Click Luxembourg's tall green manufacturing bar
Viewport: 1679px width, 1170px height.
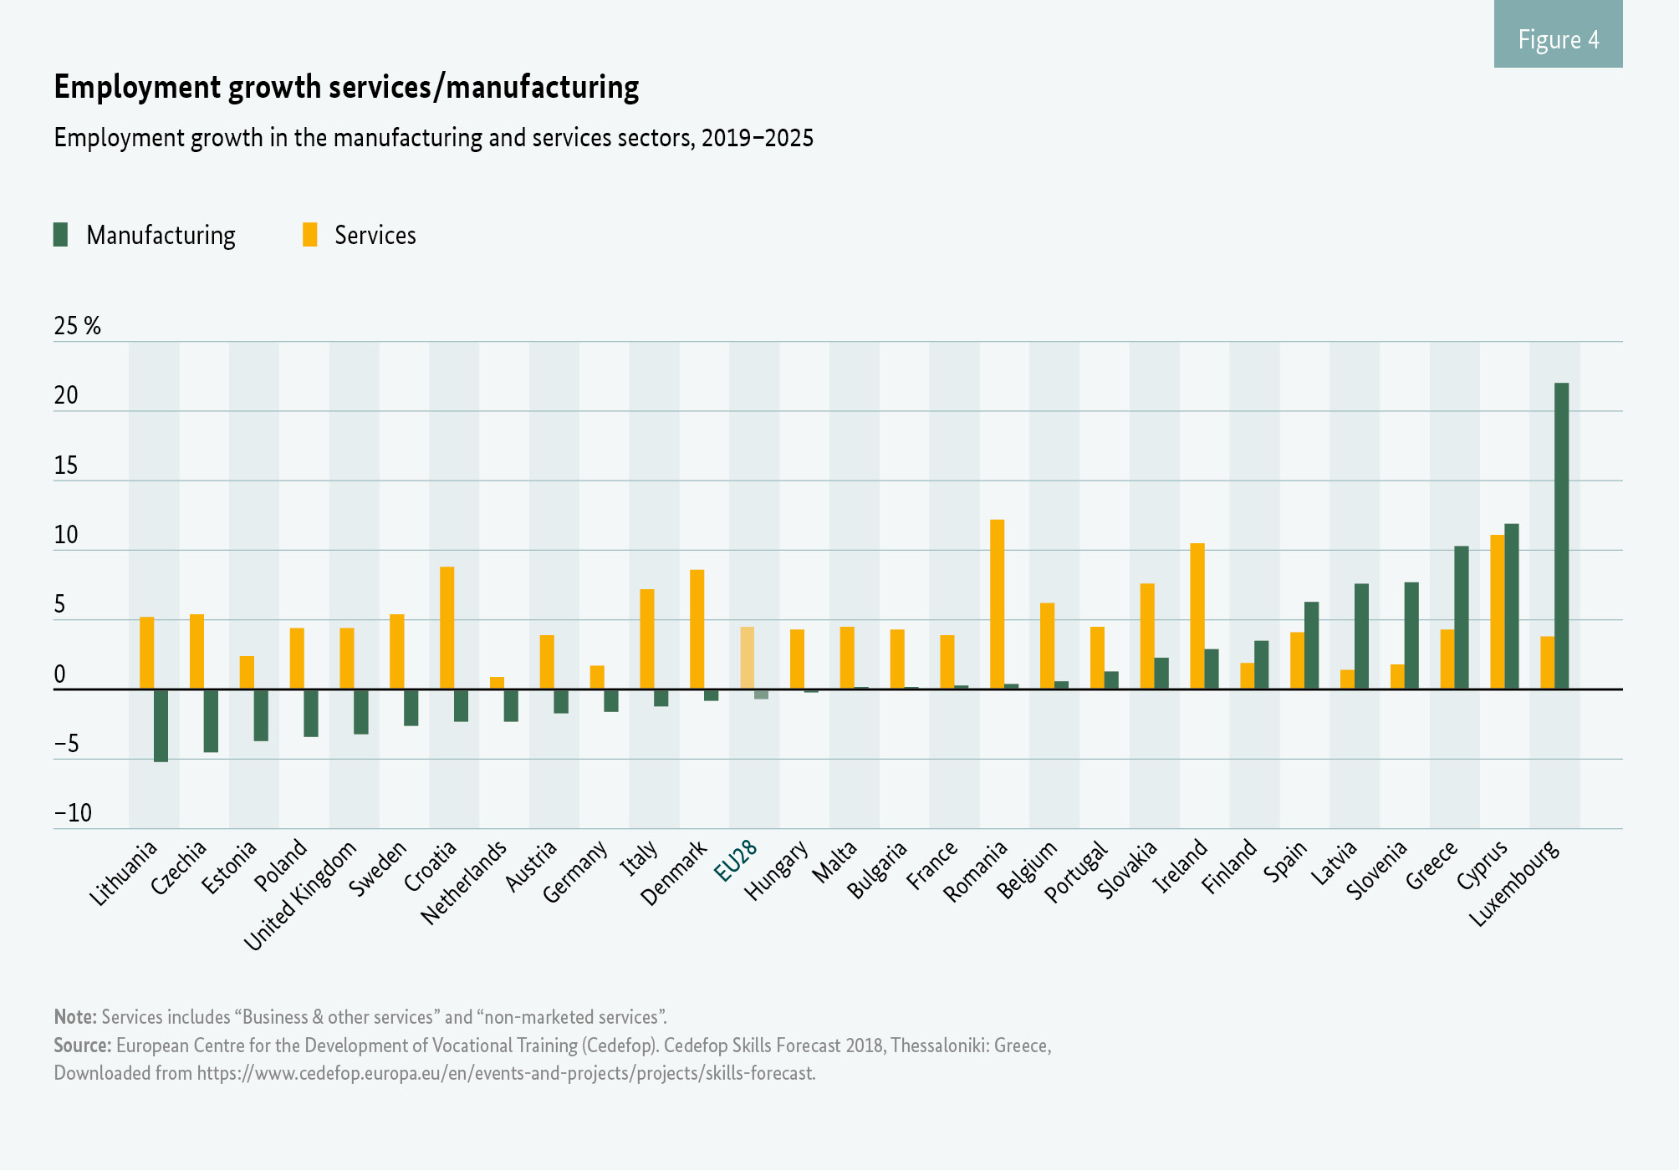coord(1561,536)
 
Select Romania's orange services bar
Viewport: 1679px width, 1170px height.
coord(997,604)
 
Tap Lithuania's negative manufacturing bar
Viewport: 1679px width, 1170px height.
coord(161,725)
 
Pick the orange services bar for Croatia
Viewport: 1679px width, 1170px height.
coord(447,628)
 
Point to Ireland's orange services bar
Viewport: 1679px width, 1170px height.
coord(1197,616)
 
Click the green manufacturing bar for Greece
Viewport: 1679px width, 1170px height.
coord(1461,618)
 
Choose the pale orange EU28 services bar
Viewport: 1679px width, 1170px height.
coord(747,658)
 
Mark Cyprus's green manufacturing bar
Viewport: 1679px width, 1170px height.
coord(1511,607)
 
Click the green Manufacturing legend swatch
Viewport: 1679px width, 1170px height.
coord(60,235)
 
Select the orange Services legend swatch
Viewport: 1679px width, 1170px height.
coord(309,235)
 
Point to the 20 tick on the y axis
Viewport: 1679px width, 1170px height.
coord(66,396)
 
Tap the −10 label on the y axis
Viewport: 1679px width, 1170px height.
coord(73,813)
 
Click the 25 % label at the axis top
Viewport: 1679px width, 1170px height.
coord(77,326)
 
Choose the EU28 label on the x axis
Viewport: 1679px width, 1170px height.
coord(736,860)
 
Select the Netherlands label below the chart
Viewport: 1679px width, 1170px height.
coord(464,883)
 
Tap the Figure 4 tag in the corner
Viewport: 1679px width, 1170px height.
coord(1558,39)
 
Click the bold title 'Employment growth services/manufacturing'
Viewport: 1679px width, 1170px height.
coord(346,87)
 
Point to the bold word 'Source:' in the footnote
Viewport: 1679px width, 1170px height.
coord(82,1045)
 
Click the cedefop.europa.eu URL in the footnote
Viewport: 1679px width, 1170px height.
coord(506,1073)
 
